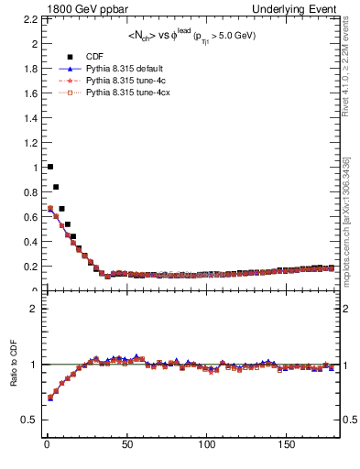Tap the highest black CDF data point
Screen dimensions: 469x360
pyautogui.click(x=49, y=167)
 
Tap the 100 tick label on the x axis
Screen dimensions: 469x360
pyautogui.click(x=208, y=445)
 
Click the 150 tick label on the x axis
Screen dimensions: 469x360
pyautogui.click(x=289, y=445)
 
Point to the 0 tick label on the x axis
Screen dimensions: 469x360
pyautogui.click(x=46, y=445)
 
